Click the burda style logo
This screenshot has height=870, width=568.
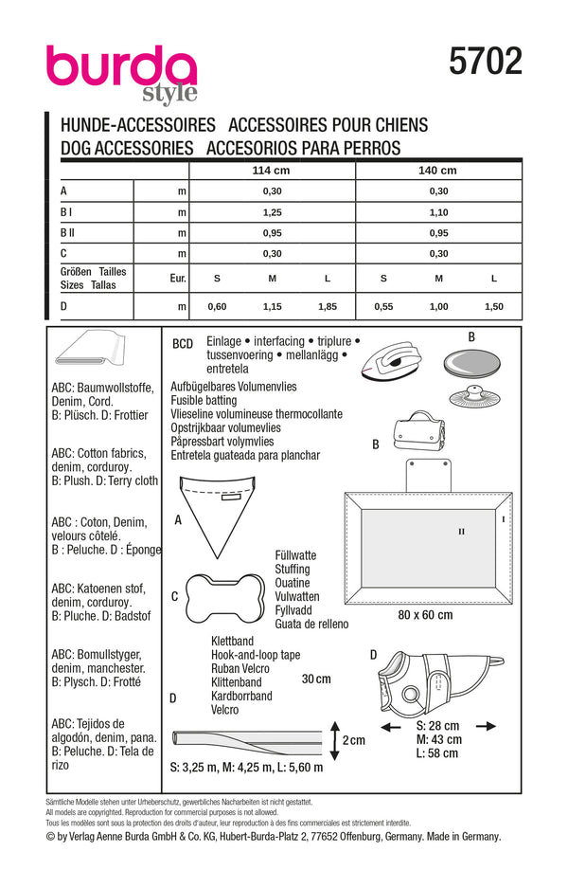click(121, 72)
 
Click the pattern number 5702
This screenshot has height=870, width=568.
click(485, 63)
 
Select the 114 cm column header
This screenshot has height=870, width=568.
click(272, 171)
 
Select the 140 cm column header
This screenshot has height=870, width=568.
click(437, 171)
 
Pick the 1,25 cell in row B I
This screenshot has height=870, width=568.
click(272, 212)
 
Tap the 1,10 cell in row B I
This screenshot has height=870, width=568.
click(437, 212)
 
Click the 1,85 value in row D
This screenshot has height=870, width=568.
click(328, 308)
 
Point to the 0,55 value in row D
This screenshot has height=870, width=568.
click(383, 308)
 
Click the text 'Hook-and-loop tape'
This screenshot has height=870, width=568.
click(256, 655)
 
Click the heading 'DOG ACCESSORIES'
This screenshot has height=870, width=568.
click(127, 147)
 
